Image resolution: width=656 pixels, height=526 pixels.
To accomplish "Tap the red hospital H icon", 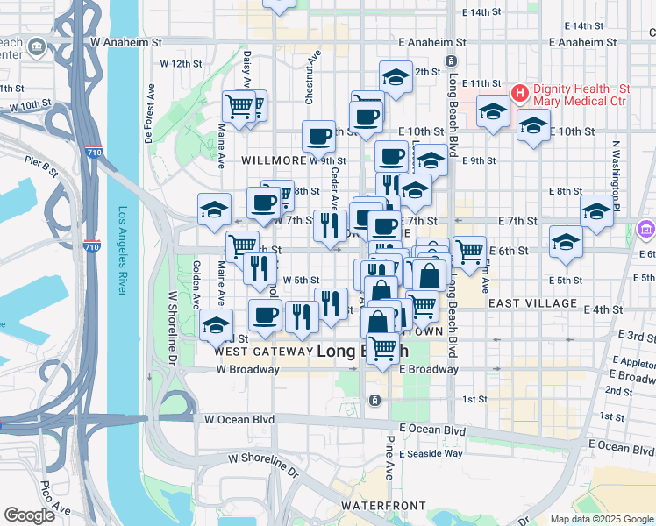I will [519, 92].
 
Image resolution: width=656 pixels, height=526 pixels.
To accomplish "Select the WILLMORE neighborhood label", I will [272, 161].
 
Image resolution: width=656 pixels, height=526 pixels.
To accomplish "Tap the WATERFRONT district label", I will [383, 507].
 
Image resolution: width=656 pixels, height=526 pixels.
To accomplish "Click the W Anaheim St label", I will [126, 42].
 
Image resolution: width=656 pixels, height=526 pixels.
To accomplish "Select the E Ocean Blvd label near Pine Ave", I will [431, 430].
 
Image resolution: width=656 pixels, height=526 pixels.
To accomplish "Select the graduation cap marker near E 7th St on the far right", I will [596, 210].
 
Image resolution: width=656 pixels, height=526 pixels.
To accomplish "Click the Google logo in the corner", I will [28, 515].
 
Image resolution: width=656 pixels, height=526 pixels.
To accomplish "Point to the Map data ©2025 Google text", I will [602, 519].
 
